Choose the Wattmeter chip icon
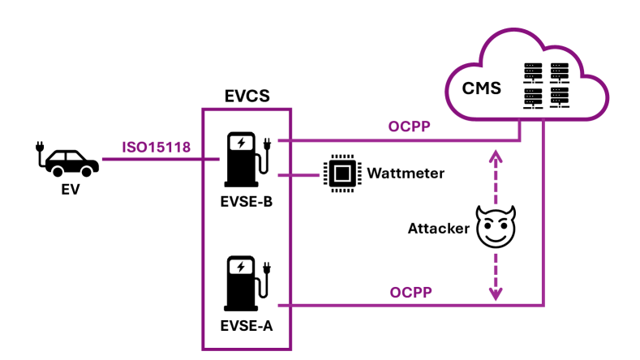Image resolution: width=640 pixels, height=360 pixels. pos(341,174)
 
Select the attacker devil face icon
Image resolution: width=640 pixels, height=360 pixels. pos(496,227)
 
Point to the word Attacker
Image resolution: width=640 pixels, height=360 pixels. pos(438,229)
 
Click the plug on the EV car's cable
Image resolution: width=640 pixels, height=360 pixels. pos(37,148)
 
